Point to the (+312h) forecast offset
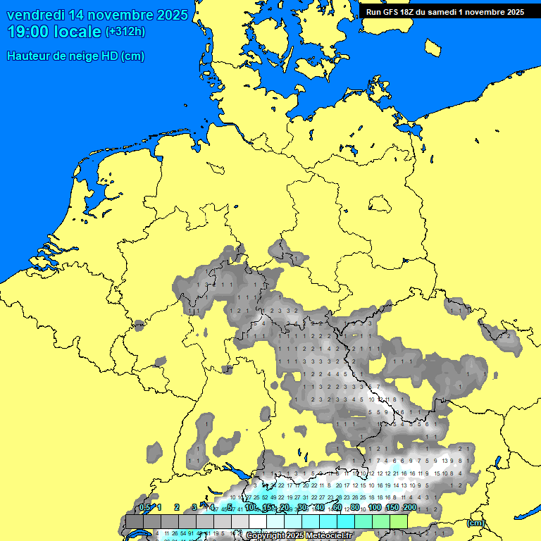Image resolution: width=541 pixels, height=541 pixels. pyautogui.click(x=125, y=32)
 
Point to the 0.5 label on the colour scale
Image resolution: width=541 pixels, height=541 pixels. pyautogui.click(x=145, y=507)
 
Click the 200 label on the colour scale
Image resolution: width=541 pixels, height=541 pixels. pyautogui.click(x=409, y=507)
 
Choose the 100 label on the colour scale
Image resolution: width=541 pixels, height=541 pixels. pyautogui.click(x=375, y=507)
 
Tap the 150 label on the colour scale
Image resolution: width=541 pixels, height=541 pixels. pyautogui.click(x=392, y=507)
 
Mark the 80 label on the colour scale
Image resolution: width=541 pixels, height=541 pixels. pyautogui.click(x=356, y=507)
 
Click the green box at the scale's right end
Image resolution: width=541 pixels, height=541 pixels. pyautogui.click(x=399, y=521)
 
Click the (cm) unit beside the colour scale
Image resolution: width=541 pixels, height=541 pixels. pyautogui.click(x=475, y=523)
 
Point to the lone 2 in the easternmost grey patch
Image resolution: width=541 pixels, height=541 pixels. pyautogui.click(x=509, y=336)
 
